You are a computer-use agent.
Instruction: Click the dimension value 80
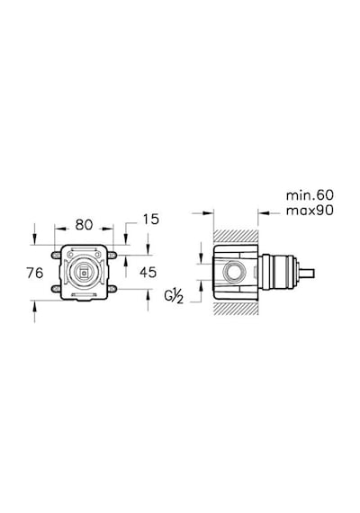[84, 225]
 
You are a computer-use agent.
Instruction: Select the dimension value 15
[151, 220]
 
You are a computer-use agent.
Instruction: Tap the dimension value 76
[35, 273]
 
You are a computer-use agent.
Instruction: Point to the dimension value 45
[148, 272]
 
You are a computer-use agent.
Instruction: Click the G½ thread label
[174, 296]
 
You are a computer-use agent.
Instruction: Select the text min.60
[310, 195]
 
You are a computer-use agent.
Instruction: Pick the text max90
[310, 211]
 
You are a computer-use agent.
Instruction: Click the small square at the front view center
[85, 271]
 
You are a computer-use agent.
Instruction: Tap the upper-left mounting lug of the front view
[55, 255]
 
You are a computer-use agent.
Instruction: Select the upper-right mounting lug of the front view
[112, 254]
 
